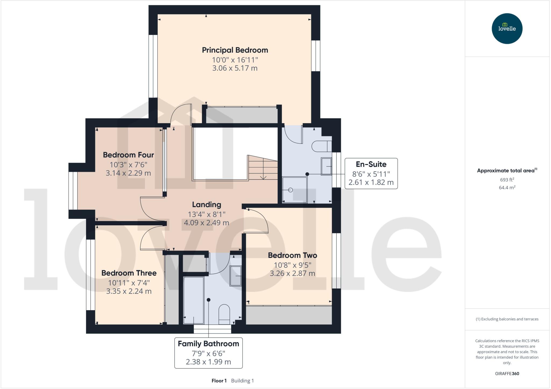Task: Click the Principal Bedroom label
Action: (x=235, y=50)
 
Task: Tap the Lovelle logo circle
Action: (x=507, y=29)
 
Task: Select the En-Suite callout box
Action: (x=371, y=173)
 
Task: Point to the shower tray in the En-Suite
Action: (x=295, y=190)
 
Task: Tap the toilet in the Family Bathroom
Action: (x=224, y=314)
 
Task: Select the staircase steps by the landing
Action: (x=263, y=168)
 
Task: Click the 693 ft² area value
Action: (x=507, y=180)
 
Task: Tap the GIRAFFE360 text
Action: (x=507, y=373)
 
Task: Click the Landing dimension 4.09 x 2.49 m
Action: (x=206, y=223)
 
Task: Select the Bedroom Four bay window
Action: (x=73, y=191)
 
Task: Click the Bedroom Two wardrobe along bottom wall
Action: (x=289, y=315)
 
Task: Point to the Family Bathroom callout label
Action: (x=208, y=344)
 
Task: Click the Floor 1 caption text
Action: (x=219, y=381)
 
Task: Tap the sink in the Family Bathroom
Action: (x=236, y=276)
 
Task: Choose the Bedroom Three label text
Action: (x=129, y=273)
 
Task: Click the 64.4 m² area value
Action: (x=507, y=188)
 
